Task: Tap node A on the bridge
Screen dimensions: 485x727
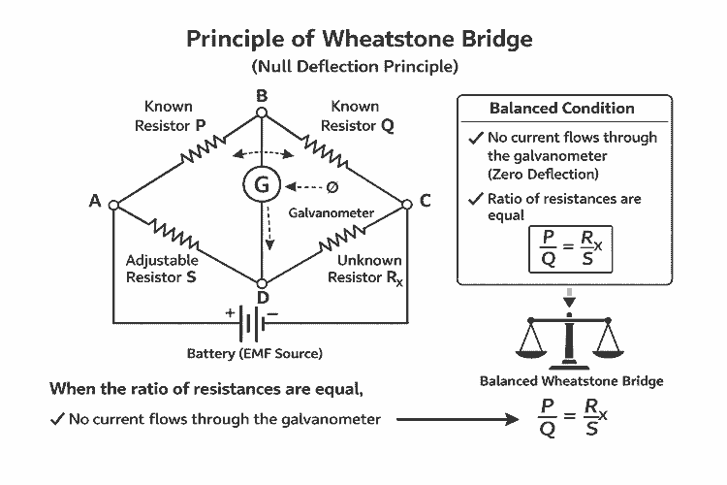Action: point(113,205)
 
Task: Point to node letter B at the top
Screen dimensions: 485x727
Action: point(261,95)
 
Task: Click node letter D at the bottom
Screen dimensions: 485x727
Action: point(262,297)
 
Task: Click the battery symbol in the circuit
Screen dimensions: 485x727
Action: point(255,321)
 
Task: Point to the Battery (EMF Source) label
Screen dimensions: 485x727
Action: point(255,353)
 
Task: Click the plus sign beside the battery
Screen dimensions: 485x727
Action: point(230,312)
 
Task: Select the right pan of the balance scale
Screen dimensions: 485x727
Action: point(609,341)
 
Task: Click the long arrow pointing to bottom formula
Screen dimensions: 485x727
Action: point(456,420)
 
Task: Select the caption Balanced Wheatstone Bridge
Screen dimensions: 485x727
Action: point(572,381)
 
